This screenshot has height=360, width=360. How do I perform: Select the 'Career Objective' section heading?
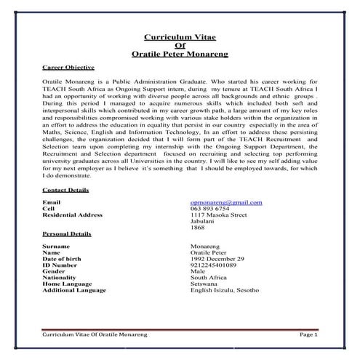(x=69, y=67)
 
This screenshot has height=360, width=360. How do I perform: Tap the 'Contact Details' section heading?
(x=66, y=190)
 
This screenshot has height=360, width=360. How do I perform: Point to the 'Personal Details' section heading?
(x=67, y=235)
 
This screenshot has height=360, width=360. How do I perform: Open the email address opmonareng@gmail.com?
(x=225, y=201)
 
